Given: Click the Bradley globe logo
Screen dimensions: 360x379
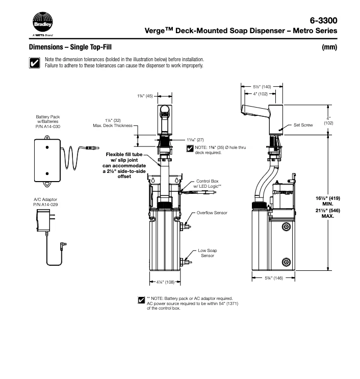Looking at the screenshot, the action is tap(42, 22).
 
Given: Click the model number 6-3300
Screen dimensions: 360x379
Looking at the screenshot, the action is tap(323, 20).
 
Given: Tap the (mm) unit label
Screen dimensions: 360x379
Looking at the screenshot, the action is tap(329, 47).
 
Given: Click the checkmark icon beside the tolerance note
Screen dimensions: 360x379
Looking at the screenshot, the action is tap(35, 63).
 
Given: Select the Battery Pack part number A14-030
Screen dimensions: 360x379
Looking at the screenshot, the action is tap(48, 127).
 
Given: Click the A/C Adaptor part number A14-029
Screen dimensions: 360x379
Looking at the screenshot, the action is tap(45, 205).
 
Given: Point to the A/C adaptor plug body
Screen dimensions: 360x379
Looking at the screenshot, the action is tap(43, 219).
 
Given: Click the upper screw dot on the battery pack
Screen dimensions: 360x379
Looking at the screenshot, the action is tap(47, 147).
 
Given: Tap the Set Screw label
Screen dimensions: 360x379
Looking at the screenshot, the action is tap(303, 125).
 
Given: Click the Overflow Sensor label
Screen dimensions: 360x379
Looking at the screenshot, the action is tap(212, 213).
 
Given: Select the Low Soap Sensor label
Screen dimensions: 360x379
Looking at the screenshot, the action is tap(208, 253).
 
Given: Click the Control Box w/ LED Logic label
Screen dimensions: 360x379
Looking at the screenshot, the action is tap(208, 184).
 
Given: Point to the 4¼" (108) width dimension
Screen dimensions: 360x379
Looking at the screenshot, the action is tap(165, 282).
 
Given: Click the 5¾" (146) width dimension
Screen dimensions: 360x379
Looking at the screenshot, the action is tap(274, 278).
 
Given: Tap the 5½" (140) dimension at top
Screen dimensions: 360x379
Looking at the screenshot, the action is tap(262, 87).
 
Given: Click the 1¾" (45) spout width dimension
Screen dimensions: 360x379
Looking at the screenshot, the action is tap(145, 96).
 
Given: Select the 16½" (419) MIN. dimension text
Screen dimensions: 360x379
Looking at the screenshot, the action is tap(328, 201).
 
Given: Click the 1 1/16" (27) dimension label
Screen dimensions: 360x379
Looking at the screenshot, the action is tap(195, 140).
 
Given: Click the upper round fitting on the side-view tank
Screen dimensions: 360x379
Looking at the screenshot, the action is tap(286, 226).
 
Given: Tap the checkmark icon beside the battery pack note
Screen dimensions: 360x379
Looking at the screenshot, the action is tap(141, 300).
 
